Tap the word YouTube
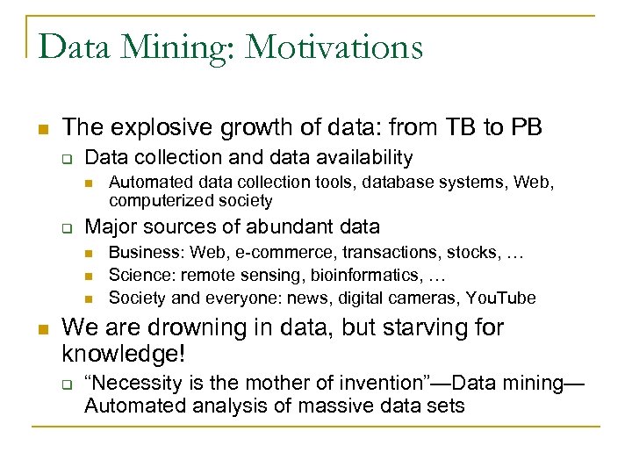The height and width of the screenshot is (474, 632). tap(503, 298)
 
